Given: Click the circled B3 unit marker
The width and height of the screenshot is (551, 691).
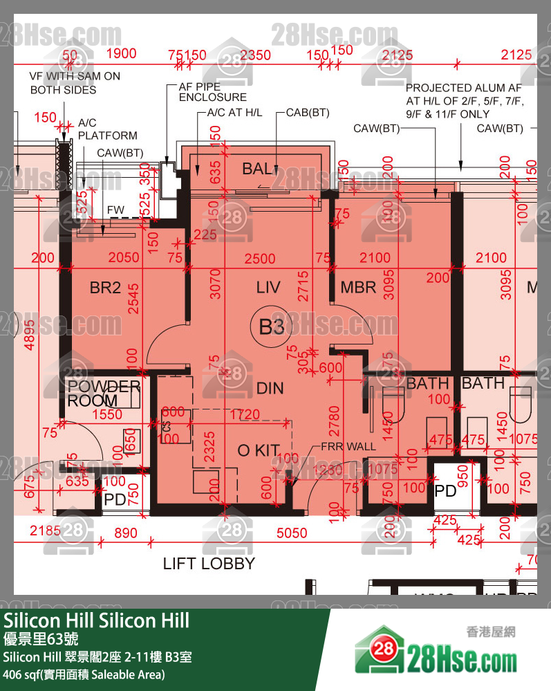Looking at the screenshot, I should [x=271, y=326].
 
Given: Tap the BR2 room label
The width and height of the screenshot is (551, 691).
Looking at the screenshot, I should [x=105, y=288].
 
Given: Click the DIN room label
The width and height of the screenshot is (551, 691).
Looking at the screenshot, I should [x=270, y=388].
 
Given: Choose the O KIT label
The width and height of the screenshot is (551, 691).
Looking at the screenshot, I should [x=257, y=451].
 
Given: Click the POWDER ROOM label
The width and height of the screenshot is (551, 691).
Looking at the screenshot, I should [x=103, y=393].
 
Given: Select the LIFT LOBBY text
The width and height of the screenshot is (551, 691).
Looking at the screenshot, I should [x=209, y=564].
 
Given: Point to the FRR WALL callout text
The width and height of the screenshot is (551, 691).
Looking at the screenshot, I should [x=348, y=447].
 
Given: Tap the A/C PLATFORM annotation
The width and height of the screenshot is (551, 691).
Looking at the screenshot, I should [x=107, y=129].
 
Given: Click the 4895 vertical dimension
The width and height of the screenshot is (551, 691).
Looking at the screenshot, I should [x=29, y=335].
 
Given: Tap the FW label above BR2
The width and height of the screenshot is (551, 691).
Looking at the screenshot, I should [x=115, y=209].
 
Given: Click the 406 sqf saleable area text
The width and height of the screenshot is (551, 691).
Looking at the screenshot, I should [x=84, y=674].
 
